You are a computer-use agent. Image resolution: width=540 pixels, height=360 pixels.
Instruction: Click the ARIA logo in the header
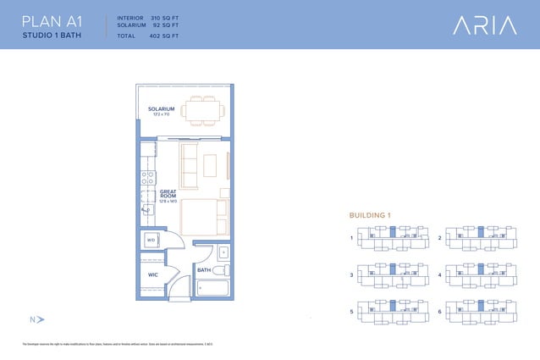(x=484, y=25)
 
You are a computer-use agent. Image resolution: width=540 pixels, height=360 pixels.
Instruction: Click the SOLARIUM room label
(x=161, y=110)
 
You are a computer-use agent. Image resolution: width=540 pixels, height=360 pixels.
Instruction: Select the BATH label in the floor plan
(x=204, y=270)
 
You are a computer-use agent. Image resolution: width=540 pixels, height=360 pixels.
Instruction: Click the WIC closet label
(x=153, y=275)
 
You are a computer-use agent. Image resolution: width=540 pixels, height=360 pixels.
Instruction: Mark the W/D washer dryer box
(x=152, y=240)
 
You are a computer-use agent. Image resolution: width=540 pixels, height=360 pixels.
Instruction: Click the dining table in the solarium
(x=203, y=109)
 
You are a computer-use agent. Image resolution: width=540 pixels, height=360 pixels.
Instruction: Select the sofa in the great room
(x=190, y=161)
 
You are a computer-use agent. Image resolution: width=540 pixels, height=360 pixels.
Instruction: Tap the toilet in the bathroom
(x=221, y=270)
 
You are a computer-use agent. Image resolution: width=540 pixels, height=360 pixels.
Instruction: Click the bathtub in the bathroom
(x=212, y=289)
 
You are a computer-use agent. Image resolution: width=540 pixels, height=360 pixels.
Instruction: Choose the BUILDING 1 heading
(x=369, y=216)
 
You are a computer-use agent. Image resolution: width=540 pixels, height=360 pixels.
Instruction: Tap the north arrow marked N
(x=36, y=319)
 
